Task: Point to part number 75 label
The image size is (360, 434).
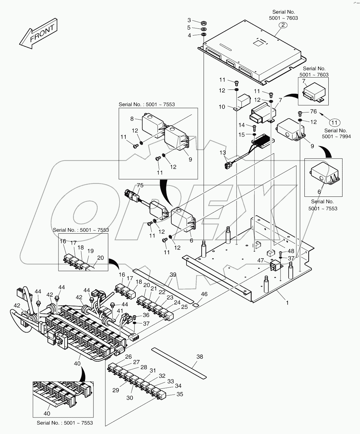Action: (x=140, y=185)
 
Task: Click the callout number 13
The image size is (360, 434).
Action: (x=223, y=152)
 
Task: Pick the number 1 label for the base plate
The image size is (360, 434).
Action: (x=287, y=303)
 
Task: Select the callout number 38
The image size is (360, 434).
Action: (x=200, y=357)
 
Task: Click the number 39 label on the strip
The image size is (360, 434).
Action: (x=173, y=275)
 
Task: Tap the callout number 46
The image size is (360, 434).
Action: (x=204, y=294)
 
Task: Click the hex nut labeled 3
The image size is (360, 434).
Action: (x=204, y=23)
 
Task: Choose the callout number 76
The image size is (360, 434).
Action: (x=313, y=112)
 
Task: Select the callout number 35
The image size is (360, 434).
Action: (x=180, y=394)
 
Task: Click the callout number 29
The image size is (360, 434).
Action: (x=116, y=390)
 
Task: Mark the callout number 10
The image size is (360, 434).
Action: (x=222, y=107)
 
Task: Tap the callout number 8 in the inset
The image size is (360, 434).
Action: (x=132, y=119)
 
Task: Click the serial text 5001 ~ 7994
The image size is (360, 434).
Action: (x=336, y=136)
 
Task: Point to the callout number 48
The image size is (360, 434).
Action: (x=291, y=251)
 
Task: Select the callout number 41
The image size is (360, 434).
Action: (x=120, y=311)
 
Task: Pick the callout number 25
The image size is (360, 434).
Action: (x=184, y=307)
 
